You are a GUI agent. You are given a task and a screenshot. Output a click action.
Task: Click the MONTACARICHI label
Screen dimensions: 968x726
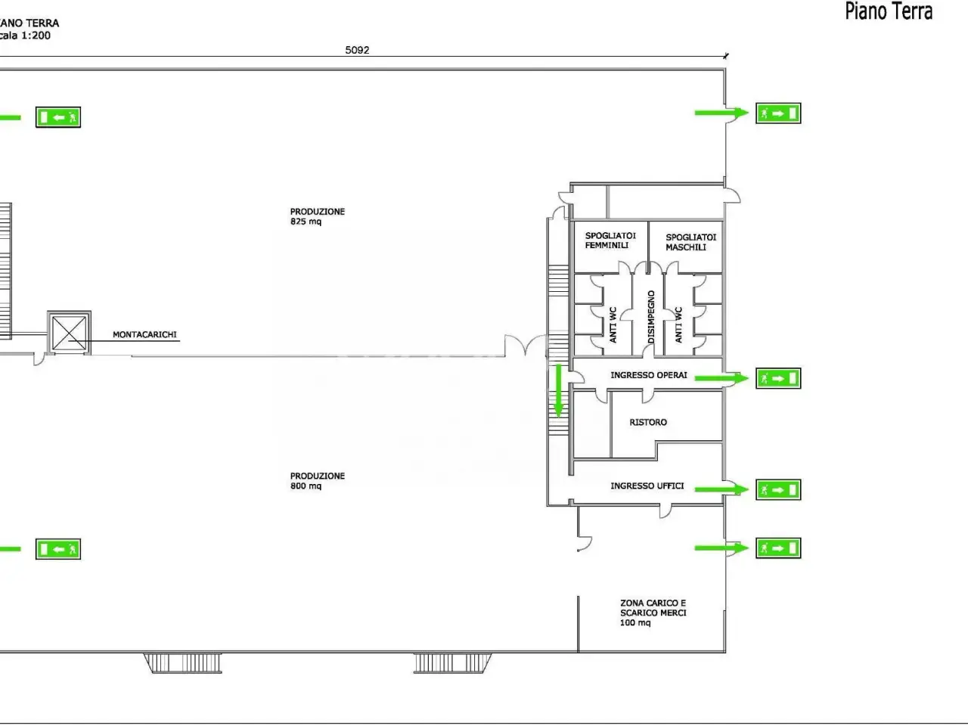(x=144, y=334)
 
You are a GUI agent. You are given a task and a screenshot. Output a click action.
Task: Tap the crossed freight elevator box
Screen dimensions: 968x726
(x=70, y=332)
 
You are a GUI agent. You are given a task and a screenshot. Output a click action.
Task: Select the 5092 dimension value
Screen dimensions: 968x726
(x=357, y=50)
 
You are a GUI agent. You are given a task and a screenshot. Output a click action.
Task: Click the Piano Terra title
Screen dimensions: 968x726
(x=889, y=11)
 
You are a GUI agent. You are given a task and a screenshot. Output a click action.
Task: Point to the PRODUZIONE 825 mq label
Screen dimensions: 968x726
(x=318, y=216)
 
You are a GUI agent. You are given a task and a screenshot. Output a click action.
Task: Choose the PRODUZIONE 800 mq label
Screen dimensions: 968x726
(x=318, y=481)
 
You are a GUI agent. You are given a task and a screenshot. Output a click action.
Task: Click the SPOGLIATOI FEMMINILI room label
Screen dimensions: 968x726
(x=610, y=240)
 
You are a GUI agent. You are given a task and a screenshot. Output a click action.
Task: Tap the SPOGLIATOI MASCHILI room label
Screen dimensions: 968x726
(x=691, y=242)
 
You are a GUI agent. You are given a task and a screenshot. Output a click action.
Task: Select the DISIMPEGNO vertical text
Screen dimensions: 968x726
(x=651, y=317)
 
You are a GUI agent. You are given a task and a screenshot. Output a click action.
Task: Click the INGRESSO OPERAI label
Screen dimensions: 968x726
(x=649, y=375)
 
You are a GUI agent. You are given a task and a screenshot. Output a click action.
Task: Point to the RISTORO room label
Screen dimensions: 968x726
(x=648, y=422)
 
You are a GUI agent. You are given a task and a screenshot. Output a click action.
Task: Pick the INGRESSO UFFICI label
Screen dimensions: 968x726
(x=647, y=486)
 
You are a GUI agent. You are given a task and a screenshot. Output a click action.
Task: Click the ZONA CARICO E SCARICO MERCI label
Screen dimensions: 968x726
(x=653, y=613)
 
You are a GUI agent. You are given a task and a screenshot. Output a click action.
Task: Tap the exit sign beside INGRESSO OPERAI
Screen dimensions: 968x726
(x=778, y=378)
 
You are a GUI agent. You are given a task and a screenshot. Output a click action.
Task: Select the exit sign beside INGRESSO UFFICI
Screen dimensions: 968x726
(x=778, y=490)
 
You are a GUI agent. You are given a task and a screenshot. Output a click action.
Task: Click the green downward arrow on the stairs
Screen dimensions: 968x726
(x=558, y=390)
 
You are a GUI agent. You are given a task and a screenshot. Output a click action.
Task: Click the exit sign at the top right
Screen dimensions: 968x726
(x=778, y=113)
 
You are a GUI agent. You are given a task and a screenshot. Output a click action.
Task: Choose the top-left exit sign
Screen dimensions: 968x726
(x=58, y=117)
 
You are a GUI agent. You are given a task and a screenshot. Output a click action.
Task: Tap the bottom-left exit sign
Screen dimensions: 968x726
(x=58, y=549)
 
